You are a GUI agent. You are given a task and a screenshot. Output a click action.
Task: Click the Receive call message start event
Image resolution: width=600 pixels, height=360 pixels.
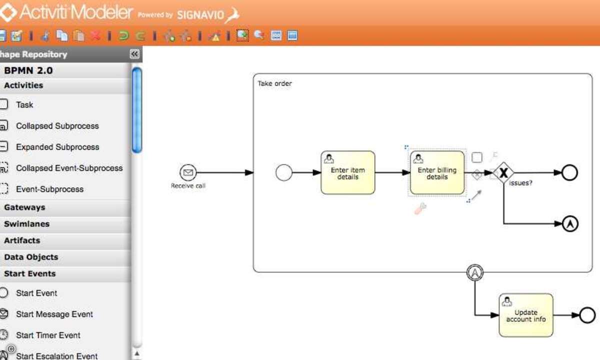[x=188, y=172]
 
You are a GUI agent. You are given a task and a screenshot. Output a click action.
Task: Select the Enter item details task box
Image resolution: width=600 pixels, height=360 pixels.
[x=347, y=172]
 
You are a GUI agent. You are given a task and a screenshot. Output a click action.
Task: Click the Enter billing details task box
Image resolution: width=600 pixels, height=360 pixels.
[x=437, y=172]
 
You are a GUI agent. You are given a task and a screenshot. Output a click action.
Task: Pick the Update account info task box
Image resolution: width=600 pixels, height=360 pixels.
[x=526, y=315]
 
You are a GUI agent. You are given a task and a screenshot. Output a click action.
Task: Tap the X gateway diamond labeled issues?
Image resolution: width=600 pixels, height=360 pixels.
[x=503, y=173]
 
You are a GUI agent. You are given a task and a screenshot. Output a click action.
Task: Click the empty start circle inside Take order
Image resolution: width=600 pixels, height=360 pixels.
[x=283, y=172]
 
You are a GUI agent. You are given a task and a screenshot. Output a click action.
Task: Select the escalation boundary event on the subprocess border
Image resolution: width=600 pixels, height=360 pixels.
[x=475, y=272]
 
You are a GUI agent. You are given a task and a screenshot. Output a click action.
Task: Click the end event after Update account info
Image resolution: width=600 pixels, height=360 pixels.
[x=587, y=315]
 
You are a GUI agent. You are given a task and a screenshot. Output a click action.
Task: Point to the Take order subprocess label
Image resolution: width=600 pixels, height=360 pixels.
[x=274, y=83]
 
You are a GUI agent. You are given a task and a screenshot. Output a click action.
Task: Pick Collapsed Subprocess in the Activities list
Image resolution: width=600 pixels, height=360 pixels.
[x=57, y=126]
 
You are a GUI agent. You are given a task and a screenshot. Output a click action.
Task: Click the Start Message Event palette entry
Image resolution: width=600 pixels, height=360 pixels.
[x=54, y=314]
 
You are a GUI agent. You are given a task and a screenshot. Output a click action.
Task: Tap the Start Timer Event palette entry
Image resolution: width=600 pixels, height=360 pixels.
[x=48, y=335]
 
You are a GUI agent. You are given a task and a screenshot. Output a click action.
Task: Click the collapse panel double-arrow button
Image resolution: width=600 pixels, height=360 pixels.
[x=134, y=54]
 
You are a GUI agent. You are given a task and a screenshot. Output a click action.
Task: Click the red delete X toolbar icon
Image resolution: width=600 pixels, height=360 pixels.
[x=95, y=35]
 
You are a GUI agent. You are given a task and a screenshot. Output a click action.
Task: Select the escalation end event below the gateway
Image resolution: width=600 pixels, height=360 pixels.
[x=570, y=223]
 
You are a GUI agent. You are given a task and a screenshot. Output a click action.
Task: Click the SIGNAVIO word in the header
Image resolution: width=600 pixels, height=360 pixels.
[x=200, y=15]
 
